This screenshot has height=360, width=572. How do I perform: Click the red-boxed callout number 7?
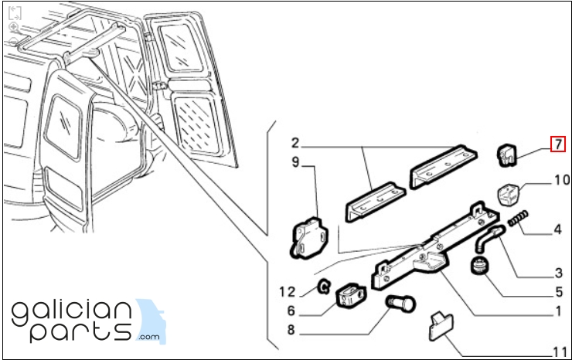coord(558,144)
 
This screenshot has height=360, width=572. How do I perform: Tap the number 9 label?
coord(295,162)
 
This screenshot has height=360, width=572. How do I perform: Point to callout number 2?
coord(295,143)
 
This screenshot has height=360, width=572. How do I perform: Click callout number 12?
coord(287,292)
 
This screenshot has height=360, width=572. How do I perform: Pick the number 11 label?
coord(560,352)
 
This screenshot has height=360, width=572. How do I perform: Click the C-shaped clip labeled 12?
coord(324,287)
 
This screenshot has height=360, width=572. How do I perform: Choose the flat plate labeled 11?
coord(441,326)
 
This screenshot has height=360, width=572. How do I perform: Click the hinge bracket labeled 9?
coord(309,238)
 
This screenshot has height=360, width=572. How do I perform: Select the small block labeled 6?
coord(350,294)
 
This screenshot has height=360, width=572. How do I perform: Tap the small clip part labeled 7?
coord(507,155)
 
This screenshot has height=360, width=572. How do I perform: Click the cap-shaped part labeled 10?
coord(509,195)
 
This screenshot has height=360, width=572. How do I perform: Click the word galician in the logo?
coord(71,314)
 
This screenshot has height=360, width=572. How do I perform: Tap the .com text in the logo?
coord(149,337)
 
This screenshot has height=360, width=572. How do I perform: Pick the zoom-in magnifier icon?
coord(14,27)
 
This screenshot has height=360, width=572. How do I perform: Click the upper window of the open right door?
coord(182,48)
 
